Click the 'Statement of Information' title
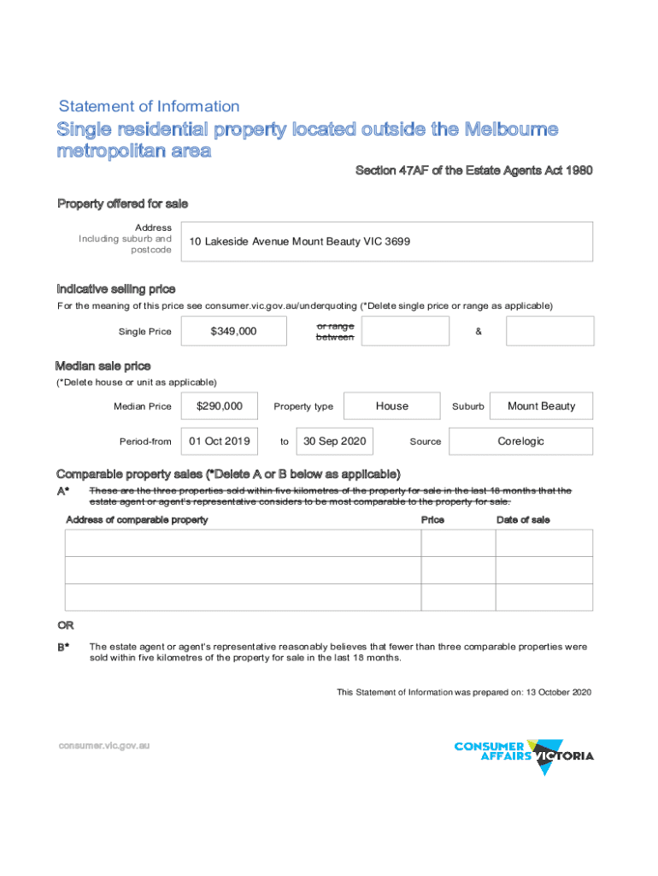point(149,107)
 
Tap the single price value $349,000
point(233,331)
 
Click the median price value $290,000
point(220,406)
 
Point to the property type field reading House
point(391,406)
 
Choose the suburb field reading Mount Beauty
point(541,406)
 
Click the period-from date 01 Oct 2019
point(220,441)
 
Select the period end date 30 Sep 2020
point(335,441)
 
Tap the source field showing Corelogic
point(520,441)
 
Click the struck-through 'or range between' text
point(335,332)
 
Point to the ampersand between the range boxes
point(478,332)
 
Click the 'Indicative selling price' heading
point(116,289)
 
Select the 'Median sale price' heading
point(103,366)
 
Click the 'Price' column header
point(432,520)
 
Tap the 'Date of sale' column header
point(523,520)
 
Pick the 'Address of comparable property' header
point(137,520)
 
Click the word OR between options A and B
point(64,625)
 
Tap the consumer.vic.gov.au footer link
point(104,746)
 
